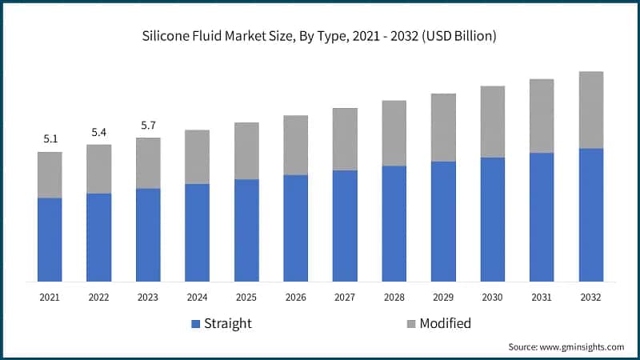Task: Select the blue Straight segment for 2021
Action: (50, 239)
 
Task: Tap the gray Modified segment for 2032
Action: (590, 110)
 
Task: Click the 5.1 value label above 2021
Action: (50, 139)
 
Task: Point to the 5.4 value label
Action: (98, 132)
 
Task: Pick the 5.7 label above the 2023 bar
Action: (148, 125)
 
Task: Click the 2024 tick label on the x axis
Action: (197, 298)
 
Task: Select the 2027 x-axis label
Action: (345, 298)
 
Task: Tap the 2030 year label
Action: (492, 298)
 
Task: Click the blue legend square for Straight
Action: (195, 324)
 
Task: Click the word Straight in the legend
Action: (228, 324)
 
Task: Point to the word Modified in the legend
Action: (446, 324)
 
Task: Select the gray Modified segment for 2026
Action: (295, 145)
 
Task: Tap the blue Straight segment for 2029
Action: (443, 222)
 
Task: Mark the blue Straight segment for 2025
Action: (246, 230)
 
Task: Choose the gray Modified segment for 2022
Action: (98, 169)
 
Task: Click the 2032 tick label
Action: (590, 298)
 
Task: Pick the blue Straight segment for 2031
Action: (542, 217)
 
